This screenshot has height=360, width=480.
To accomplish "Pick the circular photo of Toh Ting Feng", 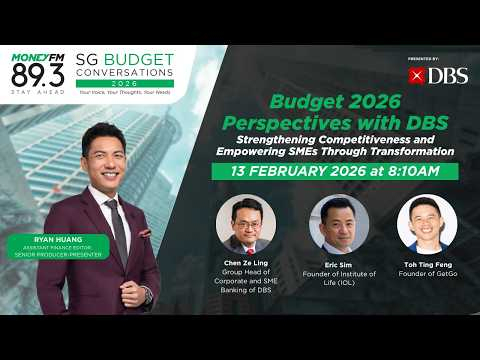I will (426, 224).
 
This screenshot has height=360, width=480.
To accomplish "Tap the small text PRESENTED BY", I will (425, 59).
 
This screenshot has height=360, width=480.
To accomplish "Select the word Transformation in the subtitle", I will (405, 150).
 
